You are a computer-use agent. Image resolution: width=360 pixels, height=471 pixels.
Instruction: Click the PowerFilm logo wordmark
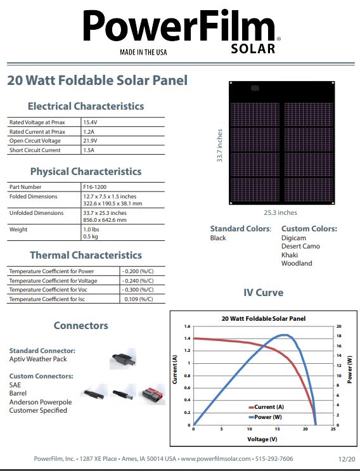click(179, 27)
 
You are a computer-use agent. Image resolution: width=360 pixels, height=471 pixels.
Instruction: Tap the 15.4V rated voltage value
click(89, 121)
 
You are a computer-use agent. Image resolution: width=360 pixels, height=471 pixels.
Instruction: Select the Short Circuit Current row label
click(35, 150)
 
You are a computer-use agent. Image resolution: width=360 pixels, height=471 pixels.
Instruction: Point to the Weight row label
click(18, 229)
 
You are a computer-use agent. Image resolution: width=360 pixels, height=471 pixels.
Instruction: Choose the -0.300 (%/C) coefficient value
click(138, 290)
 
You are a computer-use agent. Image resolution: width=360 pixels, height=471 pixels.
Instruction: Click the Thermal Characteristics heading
click(86, 255)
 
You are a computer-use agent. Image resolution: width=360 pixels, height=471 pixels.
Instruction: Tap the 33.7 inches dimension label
click(220, 146)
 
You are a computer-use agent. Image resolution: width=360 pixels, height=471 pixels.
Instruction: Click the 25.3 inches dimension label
click(280, 213)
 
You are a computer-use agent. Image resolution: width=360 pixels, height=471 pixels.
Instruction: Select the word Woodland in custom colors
click(297, 263)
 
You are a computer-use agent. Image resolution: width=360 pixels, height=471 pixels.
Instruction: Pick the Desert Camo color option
click(300, 246)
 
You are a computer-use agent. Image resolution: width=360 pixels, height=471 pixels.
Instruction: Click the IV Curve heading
click(263, 293)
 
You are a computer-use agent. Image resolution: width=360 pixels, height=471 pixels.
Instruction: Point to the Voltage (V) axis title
click(262, 439)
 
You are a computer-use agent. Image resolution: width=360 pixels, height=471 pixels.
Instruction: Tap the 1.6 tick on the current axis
click(187, 326)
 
